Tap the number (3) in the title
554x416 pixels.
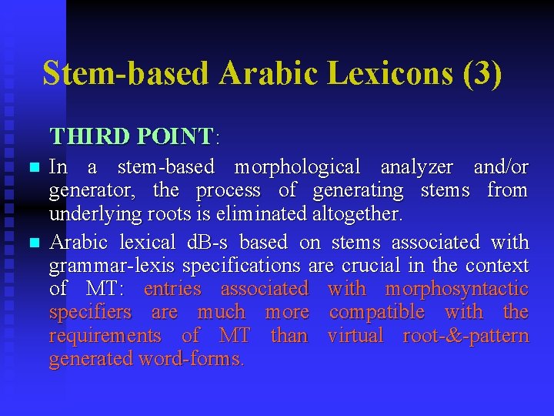tap(482, 74)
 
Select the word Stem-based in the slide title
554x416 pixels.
tap(126, 74)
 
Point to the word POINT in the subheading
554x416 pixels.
tap(175, 136)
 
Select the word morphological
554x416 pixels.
tap(297, 167)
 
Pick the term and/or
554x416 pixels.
tap(501, 167)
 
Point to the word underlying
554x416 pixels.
tap(85, 213)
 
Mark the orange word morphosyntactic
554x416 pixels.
tap(456, 289)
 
